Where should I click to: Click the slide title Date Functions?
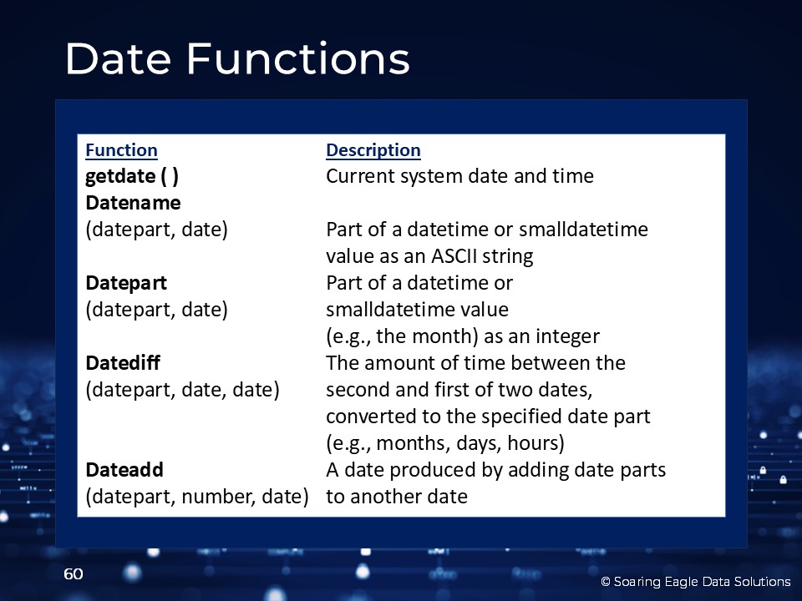pos(237,58)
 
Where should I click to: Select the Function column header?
pos(121,150)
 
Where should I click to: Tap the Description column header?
pos(373,150)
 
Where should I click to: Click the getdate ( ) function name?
pos(132,176)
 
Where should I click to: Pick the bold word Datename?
pos(133,203)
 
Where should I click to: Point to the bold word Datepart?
pos(126,283)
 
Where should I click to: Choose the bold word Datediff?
pos(123,363)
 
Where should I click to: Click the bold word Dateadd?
pos(124,470)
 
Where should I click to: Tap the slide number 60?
pos(74,574)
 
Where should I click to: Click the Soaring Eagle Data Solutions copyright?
pos(696,582)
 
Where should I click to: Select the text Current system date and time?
pos(459,176)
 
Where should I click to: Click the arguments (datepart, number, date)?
pos(197,497)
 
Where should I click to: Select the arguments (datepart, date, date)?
pos(183,390)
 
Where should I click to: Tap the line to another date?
pos(397,497)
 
